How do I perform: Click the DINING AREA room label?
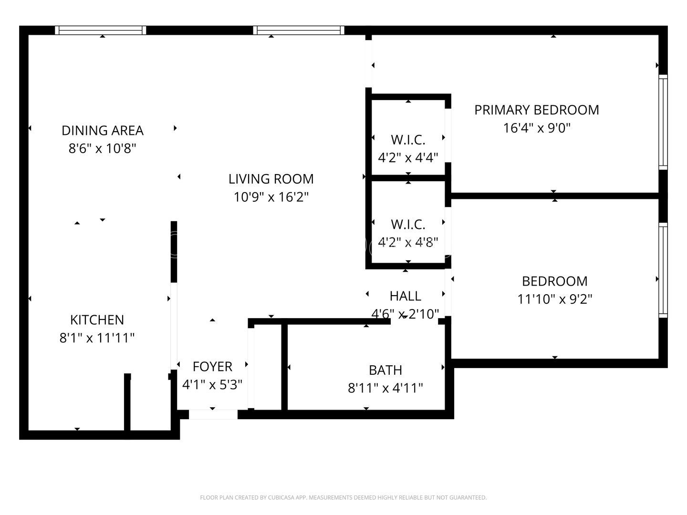(x=103, y=130)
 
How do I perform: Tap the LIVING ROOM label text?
(x=271, y=179)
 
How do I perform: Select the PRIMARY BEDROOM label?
(x=537, y=110)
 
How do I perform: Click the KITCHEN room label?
(x=97, y=319)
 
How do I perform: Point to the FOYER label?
(x=212, y=366)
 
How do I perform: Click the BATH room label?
(x=385, y=370)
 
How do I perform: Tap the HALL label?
(x=405, y=296)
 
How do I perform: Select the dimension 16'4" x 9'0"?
(x=537, y=128)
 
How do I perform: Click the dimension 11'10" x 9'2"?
(x=554, y=299)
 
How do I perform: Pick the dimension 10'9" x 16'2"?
(x=271, y=197)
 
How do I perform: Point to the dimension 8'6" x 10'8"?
(x=103, y=148)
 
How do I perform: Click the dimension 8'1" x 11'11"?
(x=97, y=338)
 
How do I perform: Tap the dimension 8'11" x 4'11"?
(x=385, y=388)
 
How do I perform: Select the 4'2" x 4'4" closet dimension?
(x=408, y=157)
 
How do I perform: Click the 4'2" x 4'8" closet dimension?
(x=408, y=242)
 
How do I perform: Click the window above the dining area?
(x=101, y=31)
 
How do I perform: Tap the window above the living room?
(x=299, y=31)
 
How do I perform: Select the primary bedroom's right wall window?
(x=663, y=122)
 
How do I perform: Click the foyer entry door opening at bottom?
(x=213, y=414)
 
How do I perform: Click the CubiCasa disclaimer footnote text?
(x=343, y=498)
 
